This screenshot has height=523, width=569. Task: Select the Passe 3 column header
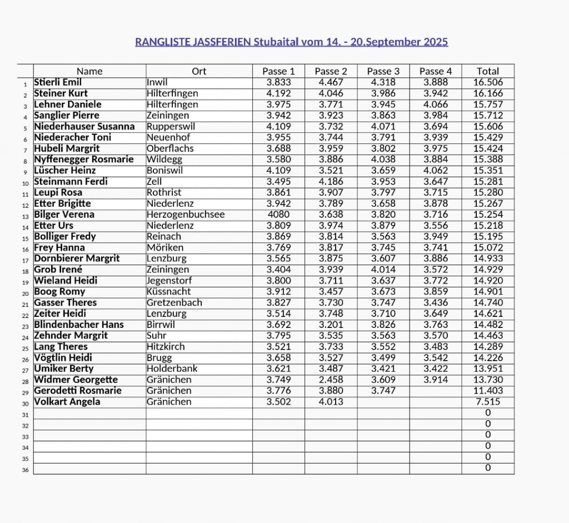(x=383, y=71)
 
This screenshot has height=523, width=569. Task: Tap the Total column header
(x=488, y=71)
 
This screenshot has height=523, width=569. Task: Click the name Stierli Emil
(x=58, y=82)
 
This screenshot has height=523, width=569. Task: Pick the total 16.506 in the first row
(x=488, y=82)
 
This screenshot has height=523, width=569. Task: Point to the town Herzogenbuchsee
(x=186, y=215)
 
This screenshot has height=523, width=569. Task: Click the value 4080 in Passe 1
(x=278, y=215)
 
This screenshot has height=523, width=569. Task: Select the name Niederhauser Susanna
(x=84, y=126)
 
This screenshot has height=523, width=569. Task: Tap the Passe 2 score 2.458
(x=331, y=380)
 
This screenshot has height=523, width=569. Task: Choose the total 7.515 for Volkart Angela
(x=488, y=402)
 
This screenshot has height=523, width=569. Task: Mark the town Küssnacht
(x=169, y=292)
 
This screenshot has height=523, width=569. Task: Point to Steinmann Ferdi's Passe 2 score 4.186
(x=331, y=182)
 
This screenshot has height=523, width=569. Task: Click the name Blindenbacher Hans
(x=79, y=325)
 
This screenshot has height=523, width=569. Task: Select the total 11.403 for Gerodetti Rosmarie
(x=488, y=391)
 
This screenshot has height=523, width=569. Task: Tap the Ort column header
(x=199, y=71)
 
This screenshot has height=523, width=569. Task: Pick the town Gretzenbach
(x=174, y=303)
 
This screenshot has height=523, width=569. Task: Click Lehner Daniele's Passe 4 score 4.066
(x=436, y=104)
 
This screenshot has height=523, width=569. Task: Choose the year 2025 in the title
(x=436, y=42)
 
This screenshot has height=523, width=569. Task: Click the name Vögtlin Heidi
(x=63, y=358)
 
